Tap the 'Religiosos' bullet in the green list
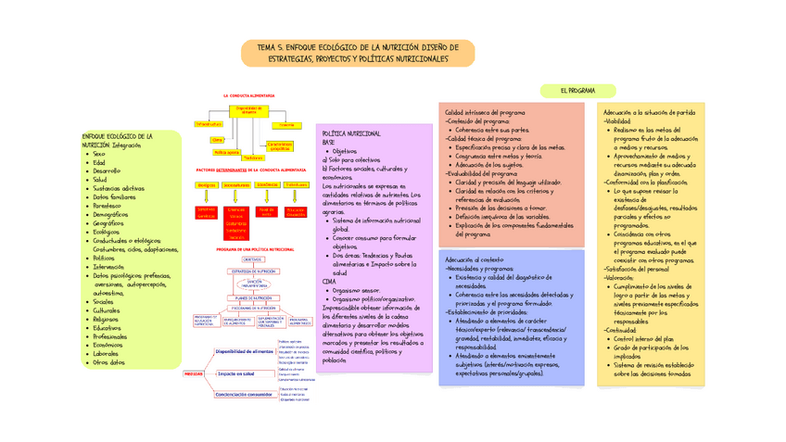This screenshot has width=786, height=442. pos(111,318)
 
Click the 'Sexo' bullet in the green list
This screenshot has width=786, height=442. pos(99,153)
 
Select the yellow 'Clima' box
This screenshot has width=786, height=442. pos(217,140)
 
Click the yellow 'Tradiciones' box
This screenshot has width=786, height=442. pos(254,158)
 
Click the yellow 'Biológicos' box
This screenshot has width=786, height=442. pos(207,185)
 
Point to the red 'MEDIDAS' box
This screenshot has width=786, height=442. pos(195,373)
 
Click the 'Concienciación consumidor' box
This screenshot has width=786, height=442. pos(243,394)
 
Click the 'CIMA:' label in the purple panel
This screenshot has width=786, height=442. pos(330,281)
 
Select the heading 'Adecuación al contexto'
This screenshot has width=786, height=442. pos(474,259)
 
